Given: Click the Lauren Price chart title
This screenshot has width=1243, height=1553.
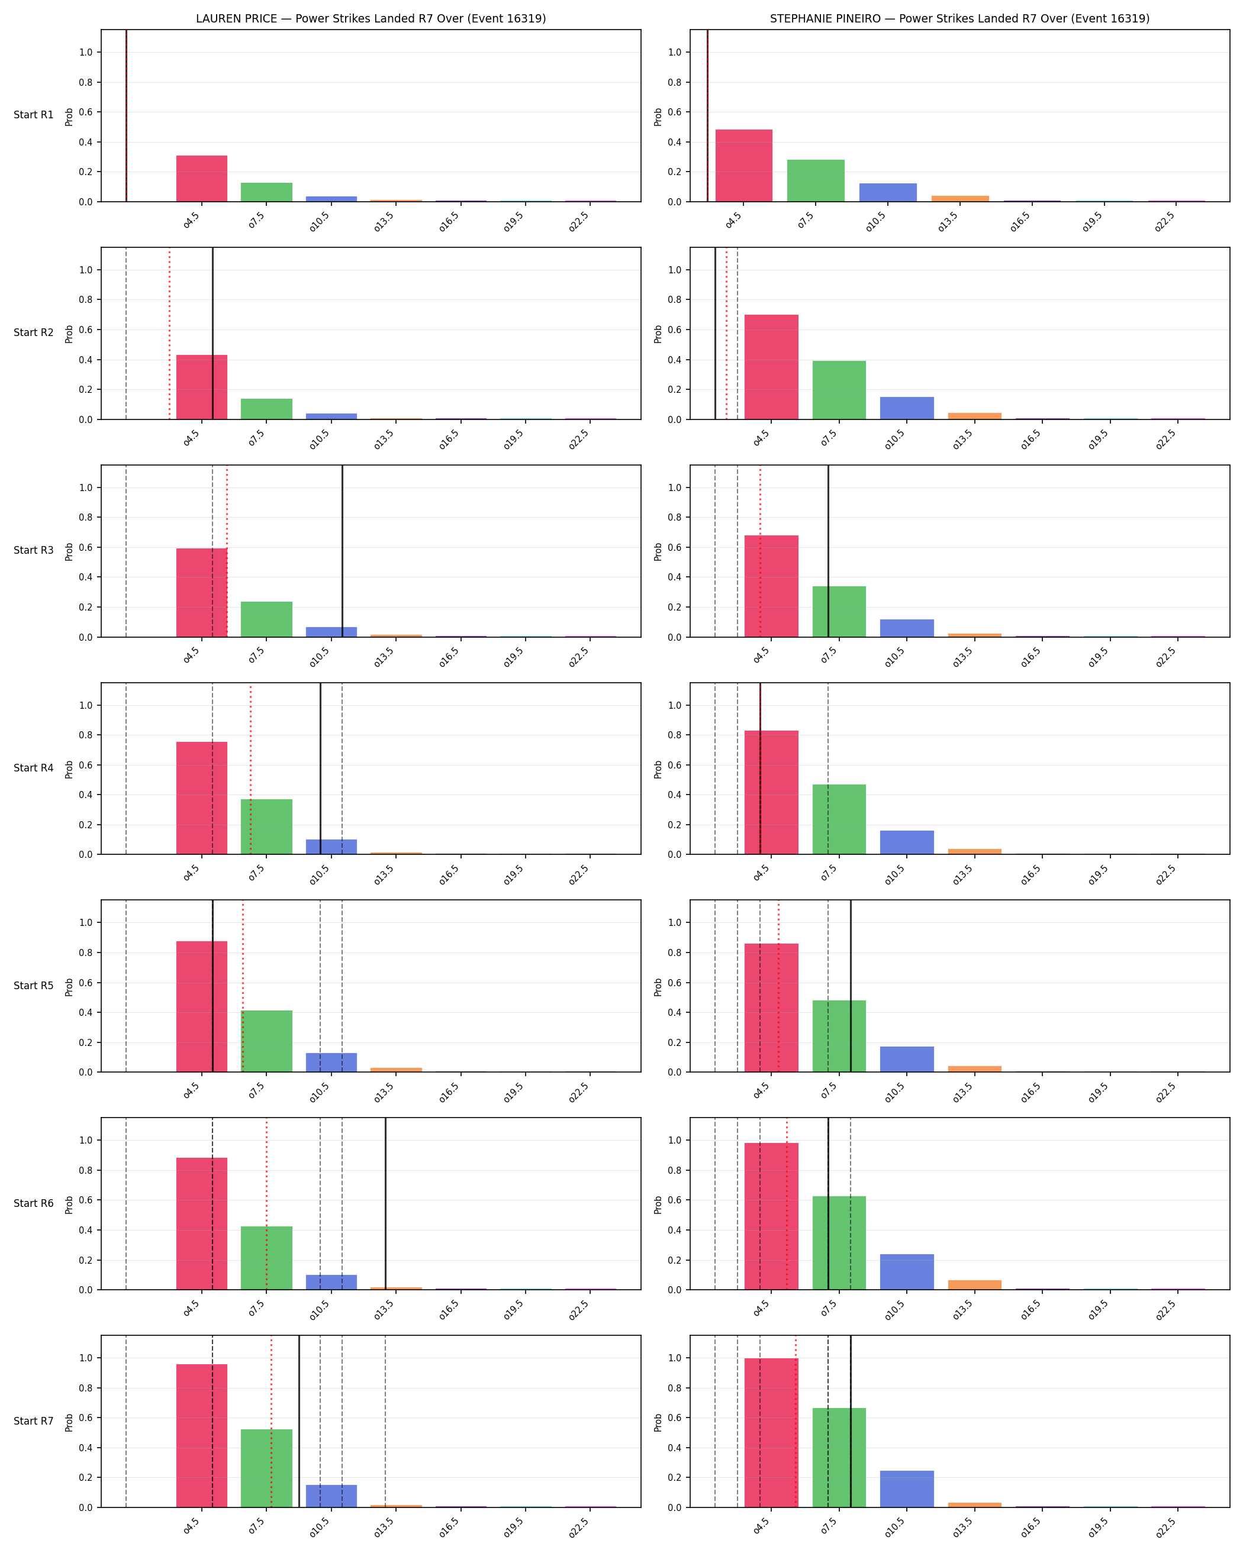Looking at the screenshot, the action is point(371,19).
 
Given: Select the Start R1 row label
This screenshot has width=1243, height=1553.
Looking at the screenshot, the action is point(33,115).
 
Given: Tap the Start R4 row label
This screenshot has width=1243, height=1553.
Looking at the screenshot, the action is point(33,768).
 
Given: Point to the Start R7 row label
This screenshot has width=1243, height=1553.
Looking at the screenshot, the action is point(33,1421).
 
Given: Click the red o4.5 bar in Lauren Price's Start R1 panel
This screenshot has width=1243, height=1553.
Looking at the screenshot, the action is point(202,179).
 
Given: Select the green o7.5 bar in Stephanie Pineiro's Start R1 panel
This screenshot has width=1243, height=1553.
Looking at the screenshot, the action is point(816,181).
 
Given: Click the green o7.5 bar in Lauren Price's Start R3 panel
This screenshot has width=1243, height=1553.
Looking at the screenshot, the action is point(266,619).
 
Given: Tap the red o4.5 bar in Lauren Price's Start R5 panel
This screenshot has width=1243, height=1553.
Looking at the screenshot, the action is point(202,1006).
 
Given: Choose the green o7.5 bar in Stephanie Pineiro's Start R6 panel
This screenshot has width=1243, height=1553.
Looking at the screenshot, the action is point(839,1242).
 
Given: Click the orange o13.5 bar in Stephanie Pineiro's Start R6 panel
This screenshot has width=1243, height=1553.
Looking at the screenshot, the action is point(975,1284).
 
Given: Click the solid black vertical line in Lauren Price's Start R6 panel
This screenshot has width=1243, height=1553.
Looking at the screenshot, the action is point(385,1203).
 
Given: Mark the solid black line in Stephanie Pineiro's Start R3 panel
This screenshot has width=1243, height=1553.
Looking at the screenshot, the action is point(828,551).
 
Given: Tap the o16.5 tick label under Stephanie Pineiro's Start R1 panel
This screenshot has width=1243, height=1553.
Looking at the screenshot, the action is point(1020,222).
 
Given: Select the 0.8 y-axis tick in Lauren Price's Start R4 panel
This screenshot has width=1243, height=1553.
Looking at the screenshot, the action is point(86,735).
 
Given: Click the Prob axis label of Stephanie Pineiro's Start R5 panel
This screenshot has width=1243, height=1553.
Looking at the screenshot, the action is point(658,987).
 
